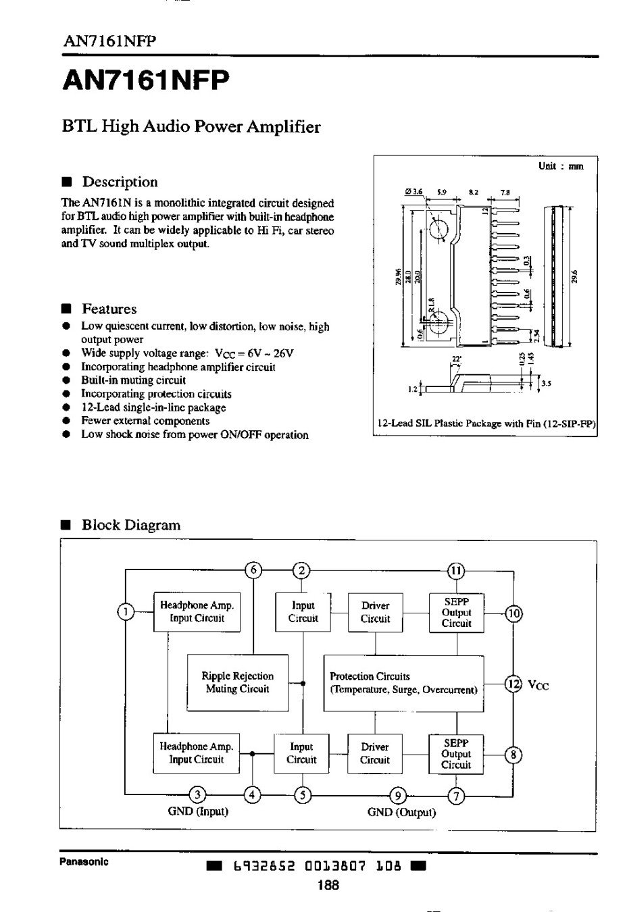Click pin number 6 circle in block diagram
[253, 570]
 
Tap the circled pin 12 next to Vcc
[514, 684]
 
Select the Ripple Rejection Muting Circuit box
[237, 682]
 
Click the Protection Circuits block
[403, 683]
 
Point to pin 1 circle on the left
[126, 612]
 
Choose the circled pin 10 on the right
[514, 613]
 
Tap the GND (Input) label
[198, 811]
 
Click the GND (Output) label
[401, 812]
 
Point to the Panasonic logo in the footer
[84, 862]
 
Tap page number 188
[328, 886]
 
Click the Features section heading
[109, 309]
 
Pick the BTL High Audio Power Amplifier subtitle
[191, 127]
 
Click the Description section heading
[119, 182]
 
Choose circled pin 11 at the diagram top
[456, 570]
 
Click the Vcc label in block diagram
[538, 685]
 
